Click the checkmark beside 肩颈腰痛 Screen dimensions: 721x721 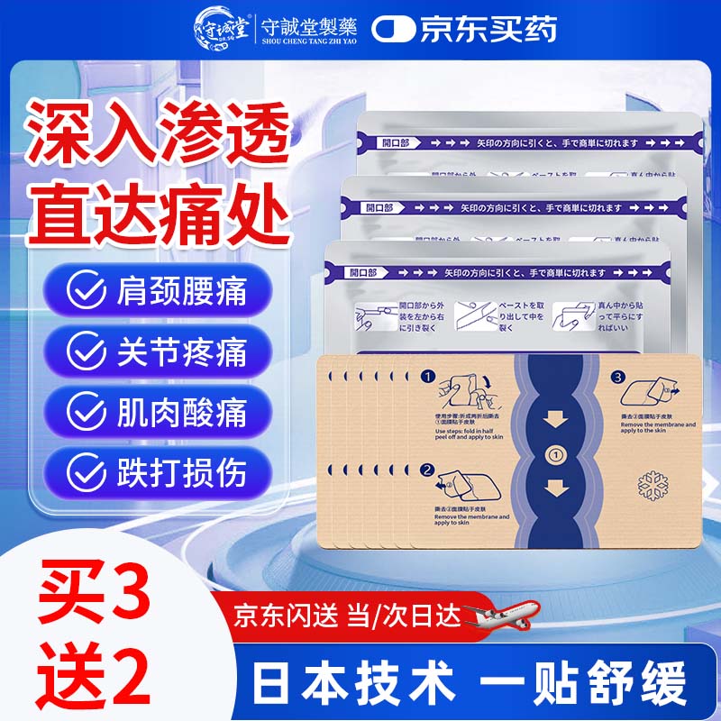(x=85, y=291)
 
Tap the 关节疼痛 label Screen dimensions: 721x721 (x=180, y=351)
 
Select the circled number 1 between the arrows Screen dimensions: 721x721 (x=556, y=455)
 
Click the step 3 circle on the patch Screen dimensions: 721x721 (x=617, y=377)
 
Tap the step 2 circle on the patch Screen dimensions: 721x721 (x=428, y=469)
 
